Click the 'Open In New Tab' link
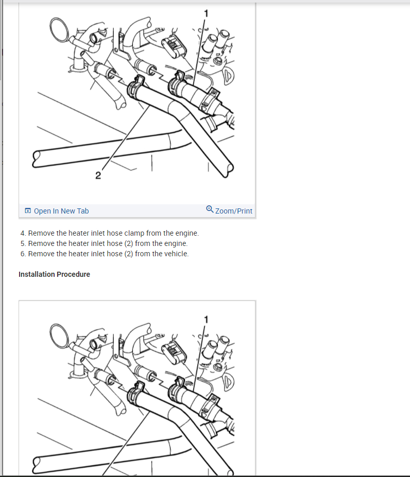click(x=61, y=211)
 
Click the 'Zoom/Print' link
click(x=234, y=211)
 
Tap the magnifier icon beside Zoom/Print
click(x=210, y=209)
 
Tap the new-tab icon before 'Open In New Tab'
click(x=28, y=211)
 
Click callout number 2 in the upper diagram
click(x=98, y=175)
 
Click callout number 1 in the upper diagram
click(x=206, y=13)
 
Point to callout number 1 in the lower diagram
click(x=206, y=320)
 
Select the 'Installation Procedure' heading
click(x=54, y=274)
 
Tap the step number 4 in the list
click(x=23, y=233)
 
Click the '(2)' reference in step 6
click(x=129, y=254)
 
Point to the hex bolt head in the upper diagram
click(x=217, y=60)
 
